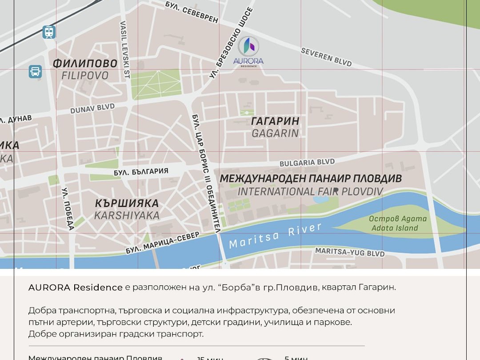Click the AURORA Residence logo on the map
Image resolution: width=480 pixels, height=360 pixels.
point(248,51)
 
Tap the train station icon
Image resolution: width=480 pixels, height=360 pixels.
point(49,32)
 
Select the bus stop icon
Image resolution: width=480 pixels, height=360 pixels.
point(35,72)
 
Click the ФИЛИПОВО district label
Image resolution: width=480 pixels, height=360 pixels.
point(85,64)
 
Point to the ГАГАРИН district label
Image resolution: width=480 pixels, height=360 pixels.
point(275,121)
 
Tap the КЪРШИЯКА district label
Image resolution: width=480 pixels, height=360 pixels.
point(127,204)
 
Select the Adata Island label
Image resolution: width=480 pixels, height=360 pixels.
point(395,228)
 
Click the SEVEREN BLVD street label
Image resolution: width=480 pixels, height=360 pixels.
point(326,57)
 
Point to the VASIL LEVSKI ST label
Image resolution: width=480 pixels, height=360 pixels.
point(124,50)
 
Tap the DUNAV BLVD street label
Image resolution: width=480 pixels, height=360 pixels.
point(92,108)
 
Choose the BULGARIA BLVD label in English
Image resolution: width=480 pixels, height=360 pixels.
point(307,163)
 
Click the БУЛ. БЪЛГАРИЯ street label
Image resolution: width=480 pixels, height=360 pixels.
point(141,172)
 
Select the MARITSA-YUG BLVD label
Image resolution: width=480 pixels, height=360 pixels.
point(350,252)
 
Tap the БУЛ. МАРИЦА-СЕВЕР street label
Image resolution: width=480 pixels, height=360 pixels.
point(162,243)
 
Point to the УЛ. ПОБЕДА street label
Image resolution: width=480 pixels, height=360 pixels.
point(68,209)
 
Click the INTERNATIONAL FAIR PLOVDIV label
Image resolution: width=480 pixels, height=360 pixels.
point(310,192)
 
